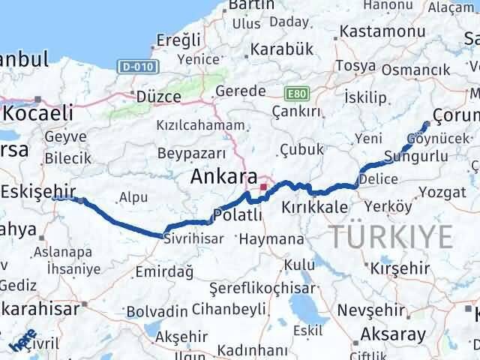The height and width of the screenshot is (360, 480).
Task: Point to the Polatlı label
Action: click(238, 214)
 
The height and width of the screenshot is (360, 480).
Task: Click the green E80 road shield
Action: click(296, 94)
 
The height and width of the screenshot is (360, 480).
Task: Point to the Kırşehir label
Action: click(399, 268)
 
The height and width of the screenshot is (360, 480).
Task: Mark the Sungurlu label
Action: click(415, 157)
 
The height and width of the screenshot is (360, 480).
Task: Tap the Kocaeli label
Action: click(39, 114)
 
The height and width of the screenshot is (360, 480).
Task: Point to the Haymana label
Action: click(271, 240)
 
